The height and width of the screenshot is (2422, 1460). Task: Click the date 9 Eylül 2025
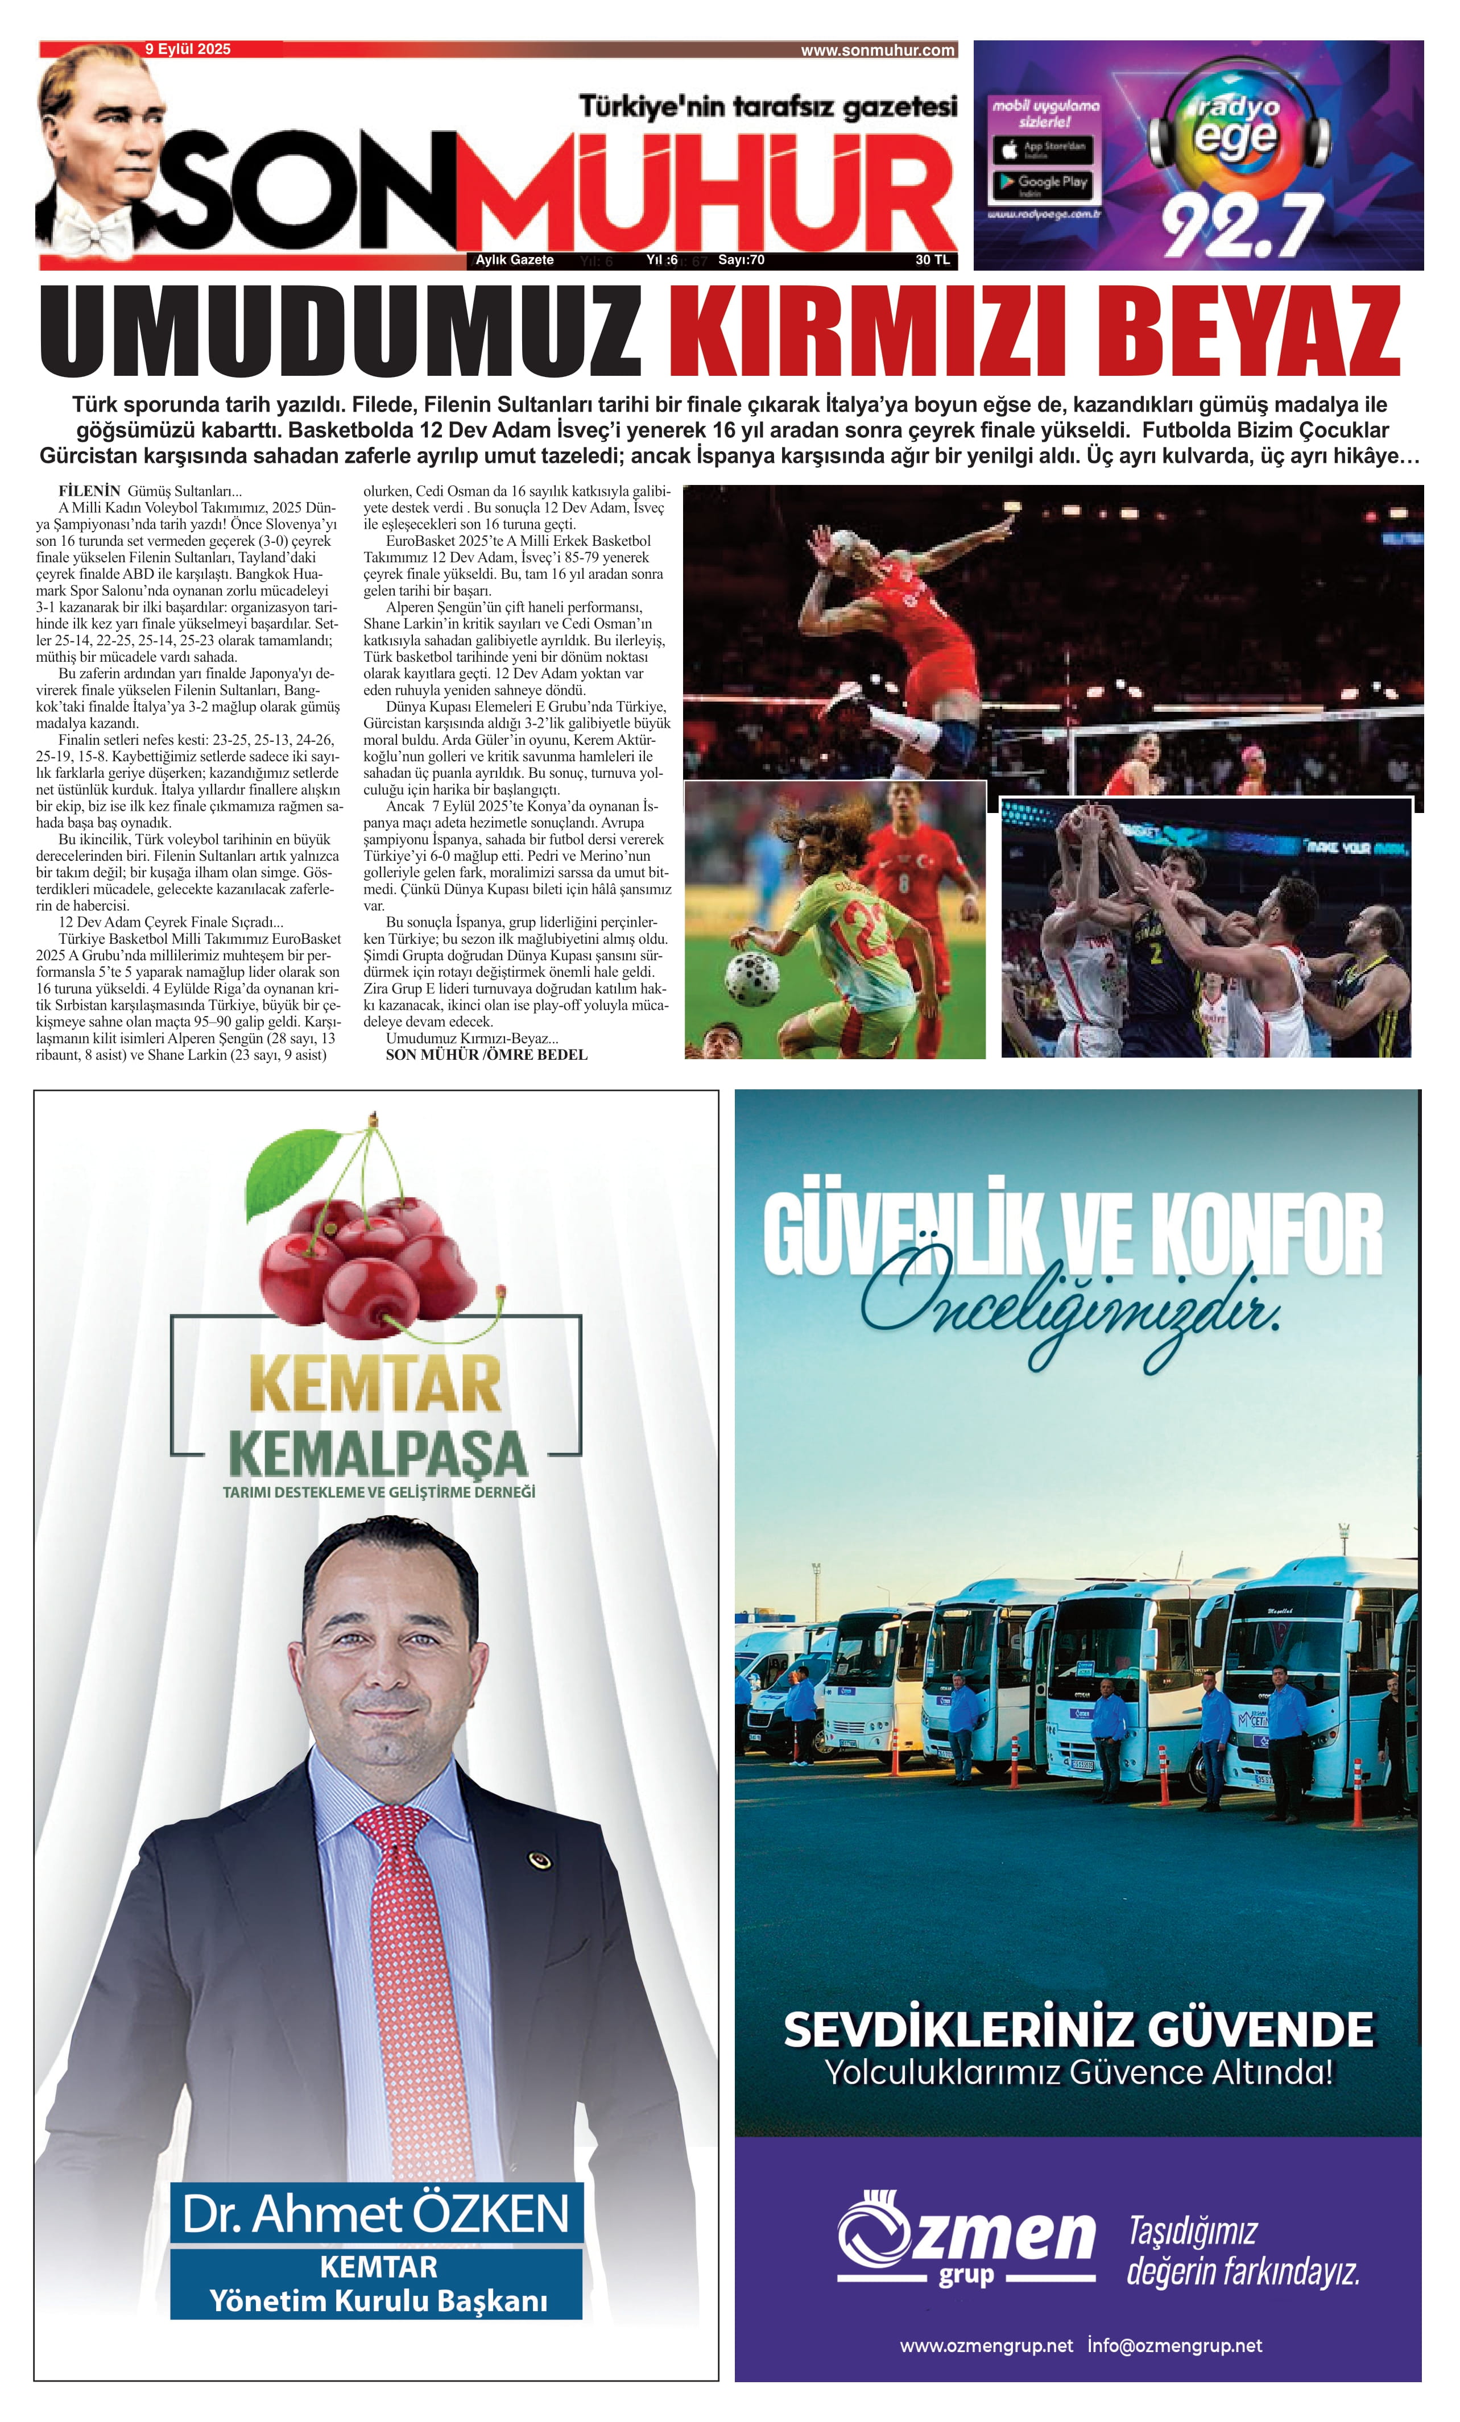pos(188,49)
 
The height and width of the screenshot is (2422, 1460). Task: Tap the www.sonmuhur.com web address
pos(877,50)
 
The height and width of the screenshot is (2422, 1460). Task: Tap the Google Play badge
pos(1042,183)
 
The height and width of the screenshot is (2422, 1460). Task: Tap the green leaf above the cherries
pos(291,1169)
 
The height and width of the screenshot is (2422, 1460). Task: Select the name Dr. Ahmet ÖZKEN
pos(375,2213)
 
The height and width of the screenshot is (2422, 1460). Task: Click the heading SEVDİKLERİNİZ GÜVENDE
pos(1078,2029)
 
